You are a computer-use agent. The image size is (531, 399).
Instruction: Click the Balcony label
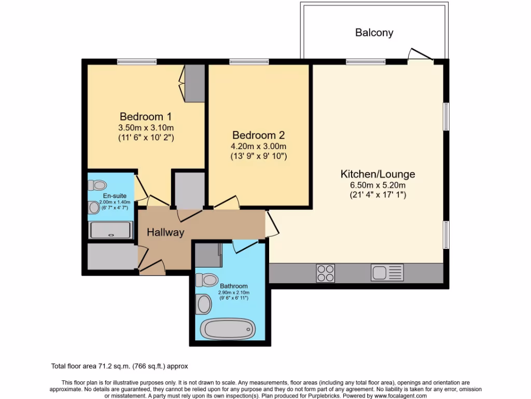(x=374, y=33)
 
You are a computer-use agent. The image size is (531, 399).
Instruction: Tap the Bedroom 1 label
(x=146, y=116)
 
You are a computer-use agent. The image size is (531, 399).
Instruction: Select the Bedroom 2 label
(x=258, y=134)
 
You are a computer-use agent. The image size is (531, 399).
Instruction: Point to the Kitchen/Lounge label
(x=378, y=174)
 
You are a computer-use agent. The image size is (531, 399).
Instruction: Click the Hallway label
(x=165, y=232)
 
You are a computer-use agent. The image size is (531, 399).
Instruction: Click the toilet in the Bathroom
(x=206, y=280)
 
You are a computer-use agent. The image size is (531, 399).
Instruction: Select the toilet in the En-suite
(x=97, y=185)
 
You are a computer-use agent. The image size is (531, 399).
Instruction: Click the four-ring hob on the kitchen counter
(x=326, y=273)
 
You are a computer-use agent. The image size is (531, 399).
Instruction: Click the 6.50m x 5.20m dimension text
(x=378, y=185)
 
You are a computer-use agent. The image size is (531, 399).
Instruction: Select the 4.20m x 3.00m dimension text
(x=259, y=146)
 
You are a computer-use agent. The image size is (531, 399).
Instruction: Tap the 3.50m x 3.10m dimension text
(x=146, y=128)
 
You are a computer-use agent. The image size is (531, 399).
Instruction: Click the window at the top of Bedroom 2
(x=249, y=62)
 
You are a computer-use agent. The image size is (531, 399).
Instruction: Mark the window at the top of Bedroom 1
(x=136, y=62)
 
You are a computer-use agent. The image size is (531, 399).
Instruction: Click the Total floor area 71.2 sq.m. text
(x=122, y=366)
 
